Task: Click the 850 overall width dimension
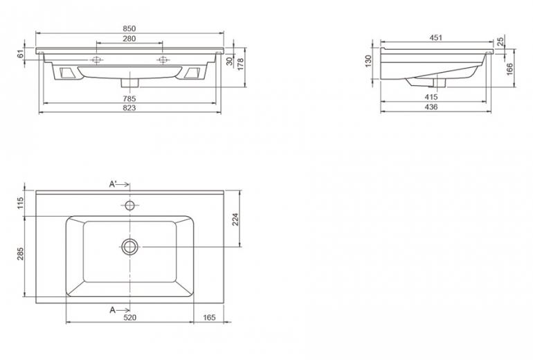129,28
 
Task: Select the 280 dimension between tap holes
129,38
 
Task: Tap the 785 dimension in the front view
129,98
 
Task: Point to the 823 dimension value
129,108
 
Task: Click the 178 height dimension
240,64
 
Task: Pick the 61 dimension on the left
20,54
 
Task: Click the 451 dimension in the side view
436,37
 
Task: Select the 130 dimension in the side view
368,61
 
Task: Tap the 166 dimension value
510,69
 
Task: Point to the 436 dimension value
431,107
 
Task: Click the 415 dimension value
431,97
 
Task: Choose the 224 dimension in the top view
235,219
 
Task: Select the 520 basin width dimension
130,318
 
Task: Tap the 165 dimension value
209,318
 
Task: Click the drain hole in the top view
130,246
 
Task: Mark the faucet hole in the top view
130,206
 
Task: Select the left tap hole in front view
97,60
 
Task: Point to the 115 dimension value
20,204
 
